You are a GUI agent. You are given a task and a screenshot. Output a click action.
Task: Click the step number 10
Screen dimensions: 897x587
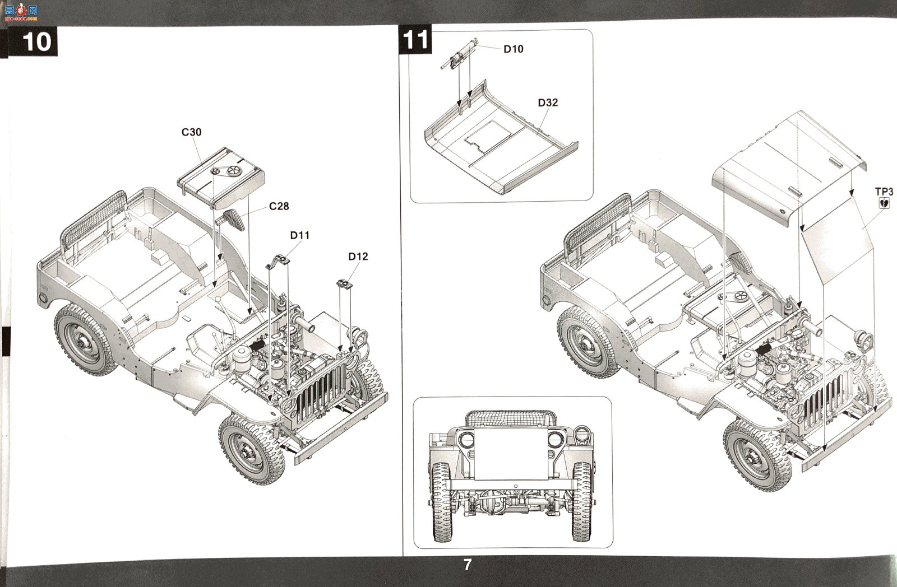(x=37, y=41)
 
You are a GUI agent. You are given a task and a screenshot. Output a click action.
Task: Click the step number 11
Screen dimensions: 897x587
(x=415, y=40)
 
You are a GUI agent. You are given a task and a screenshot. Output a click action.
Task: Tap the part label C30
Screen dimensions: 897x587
(x=191, y=132)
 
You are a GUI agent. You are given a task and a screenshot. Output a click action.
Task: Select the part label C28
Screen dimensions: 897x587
(x=279, y=206)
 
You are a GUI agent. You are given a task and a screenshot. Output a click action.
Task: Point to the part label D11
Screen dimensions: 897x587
(x=300, y=235)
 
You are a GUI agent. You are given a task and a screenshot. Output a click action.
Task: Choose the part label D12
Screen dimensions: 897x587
(x=358, y=257)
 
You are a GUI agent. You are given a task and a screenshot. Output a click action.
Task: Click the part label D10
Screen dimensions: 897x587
(x=514, y=49)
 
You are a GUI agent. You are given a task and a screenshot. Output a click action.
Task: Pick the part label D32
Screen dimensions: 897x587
(x=548, y=103)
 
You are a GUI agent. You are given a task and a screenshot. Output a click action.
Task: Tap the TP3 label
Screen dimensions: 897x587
(x=884, y=192)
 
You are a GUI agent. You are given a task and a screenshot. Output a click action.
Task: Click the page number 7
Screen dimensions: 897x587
(x=468, y=565)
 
